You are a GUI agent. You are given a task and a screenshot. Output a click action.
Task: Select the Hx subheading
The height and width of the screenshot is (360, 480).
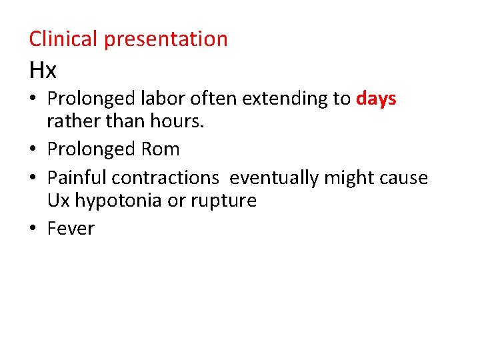43,69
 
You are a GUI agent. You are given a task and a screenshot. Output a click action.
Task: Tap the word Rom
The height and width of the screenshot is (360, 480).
161,149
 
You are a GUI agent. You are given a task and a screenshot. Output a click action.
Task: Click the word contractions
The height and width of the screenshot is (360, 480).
165,178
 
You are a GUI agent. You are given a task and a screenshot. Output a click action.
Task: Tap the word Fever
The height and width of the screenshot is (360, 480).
71,229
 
